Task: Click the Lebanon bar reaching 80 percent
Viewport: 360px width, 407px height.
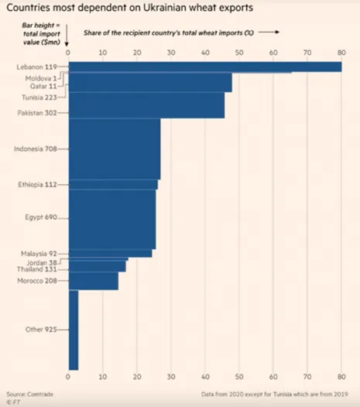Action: (205, 67)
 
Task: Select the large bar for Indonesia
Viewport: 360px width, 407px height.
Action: (115, 149)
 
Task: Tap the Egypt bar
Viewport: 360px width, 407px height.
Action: (112, 219)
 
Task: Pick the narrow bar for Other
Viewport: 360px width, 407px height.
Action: (74, 330)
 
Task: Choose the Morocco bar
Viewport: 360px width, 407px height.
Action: (94, 281)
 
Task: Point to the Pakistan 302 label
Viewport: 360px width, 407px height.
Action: (37, 113)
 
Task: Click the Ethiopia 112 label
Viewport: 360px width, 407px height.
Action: (37, 185)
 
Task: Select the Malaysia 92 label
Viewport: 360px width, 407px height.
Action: (39, 254)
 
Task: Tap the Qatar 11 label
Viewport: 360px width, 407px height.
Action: (43, 86)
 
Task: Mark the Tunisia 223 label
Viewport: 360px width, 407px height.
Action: (39, 97)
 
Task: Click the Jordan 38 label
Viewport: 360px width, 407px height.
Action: (42, 262)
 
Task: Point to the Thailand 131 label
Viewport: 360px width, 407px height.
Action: (37, 269)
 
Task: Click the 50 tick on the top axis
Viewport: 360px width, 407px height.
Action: (239, 53)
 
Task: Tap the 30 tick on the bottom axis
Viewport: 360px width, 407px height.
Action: (171, 377)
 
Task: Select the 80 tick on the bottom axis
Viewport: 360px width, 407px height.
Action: (341, 377)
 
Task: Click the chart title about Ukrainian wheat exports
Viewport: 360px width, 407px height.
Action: (129, 8)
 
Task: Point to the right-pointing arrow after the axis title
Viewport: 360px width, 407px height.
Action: (269, 32)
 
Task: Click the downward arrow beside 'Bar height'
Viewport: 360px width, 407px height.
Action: (67, 36)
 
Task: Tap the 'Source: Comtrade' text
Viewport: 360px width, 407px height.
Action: (30, 395)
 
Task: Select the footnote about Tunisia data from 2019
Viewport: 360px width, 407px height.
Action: (275, 395)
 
